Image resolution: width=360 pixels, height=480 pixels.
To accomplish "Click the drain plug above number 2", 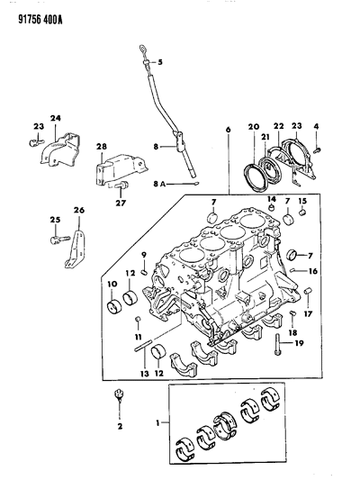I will tap(119, 395).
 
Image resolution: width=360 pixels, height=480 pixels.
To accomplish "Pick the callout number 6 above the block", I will tap(229, 130).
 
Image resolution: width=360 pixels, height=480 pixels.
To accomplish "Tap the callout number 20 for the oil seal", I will tap(254, 127).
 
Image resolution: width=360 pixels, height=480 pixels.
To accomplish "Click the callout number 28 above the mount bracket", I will tap(102, 147).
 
